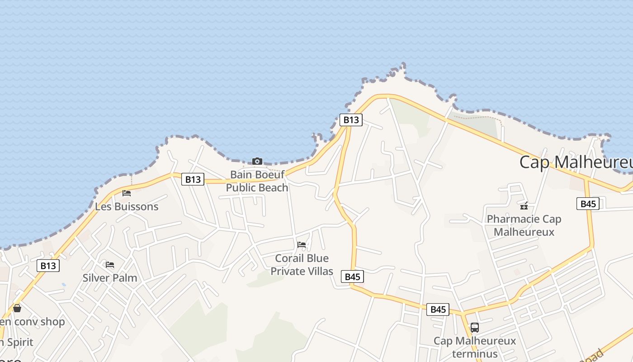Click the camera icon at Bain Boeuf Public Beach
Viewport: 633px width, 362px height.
point(257,161)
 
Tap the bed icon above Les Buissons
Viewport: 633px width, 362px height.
point(127,193)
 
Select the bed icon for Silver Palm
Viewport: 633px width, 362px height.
point(109,265)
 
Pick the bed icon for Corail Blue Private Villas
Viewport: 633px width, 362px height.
point(302,245)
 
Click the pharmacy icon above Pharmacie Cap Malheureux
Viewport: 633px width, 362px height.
point(524,206)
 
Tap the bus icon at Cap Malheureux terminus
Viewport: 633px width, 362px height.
point(474,327)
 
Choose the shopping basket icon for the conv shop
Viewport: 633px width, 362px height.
point(17,308)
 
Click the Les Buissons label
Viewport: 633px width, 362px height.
point(127,207)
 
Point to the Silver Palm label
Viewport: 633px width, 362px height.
point(109,278)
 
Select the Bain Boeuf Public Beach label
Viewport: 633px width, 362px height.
point(257,181)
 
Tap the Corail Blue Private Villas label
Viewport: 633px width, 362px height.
point(302,265)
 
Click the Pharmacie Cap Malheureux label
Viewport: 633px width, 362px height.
point(524,225)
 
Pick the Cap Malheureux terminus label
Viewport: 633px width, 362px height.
point(474,347)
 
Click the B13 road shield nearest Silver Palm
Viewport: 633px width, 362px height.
point(48,266)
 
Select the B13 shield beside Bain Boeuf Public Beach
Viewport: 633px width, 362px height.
point(193,179)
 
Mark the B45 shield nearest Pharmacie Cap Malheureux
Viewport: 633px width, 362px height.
point(588,204)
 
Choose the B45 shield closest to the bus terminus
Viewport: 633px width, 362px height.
point(438,310)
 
